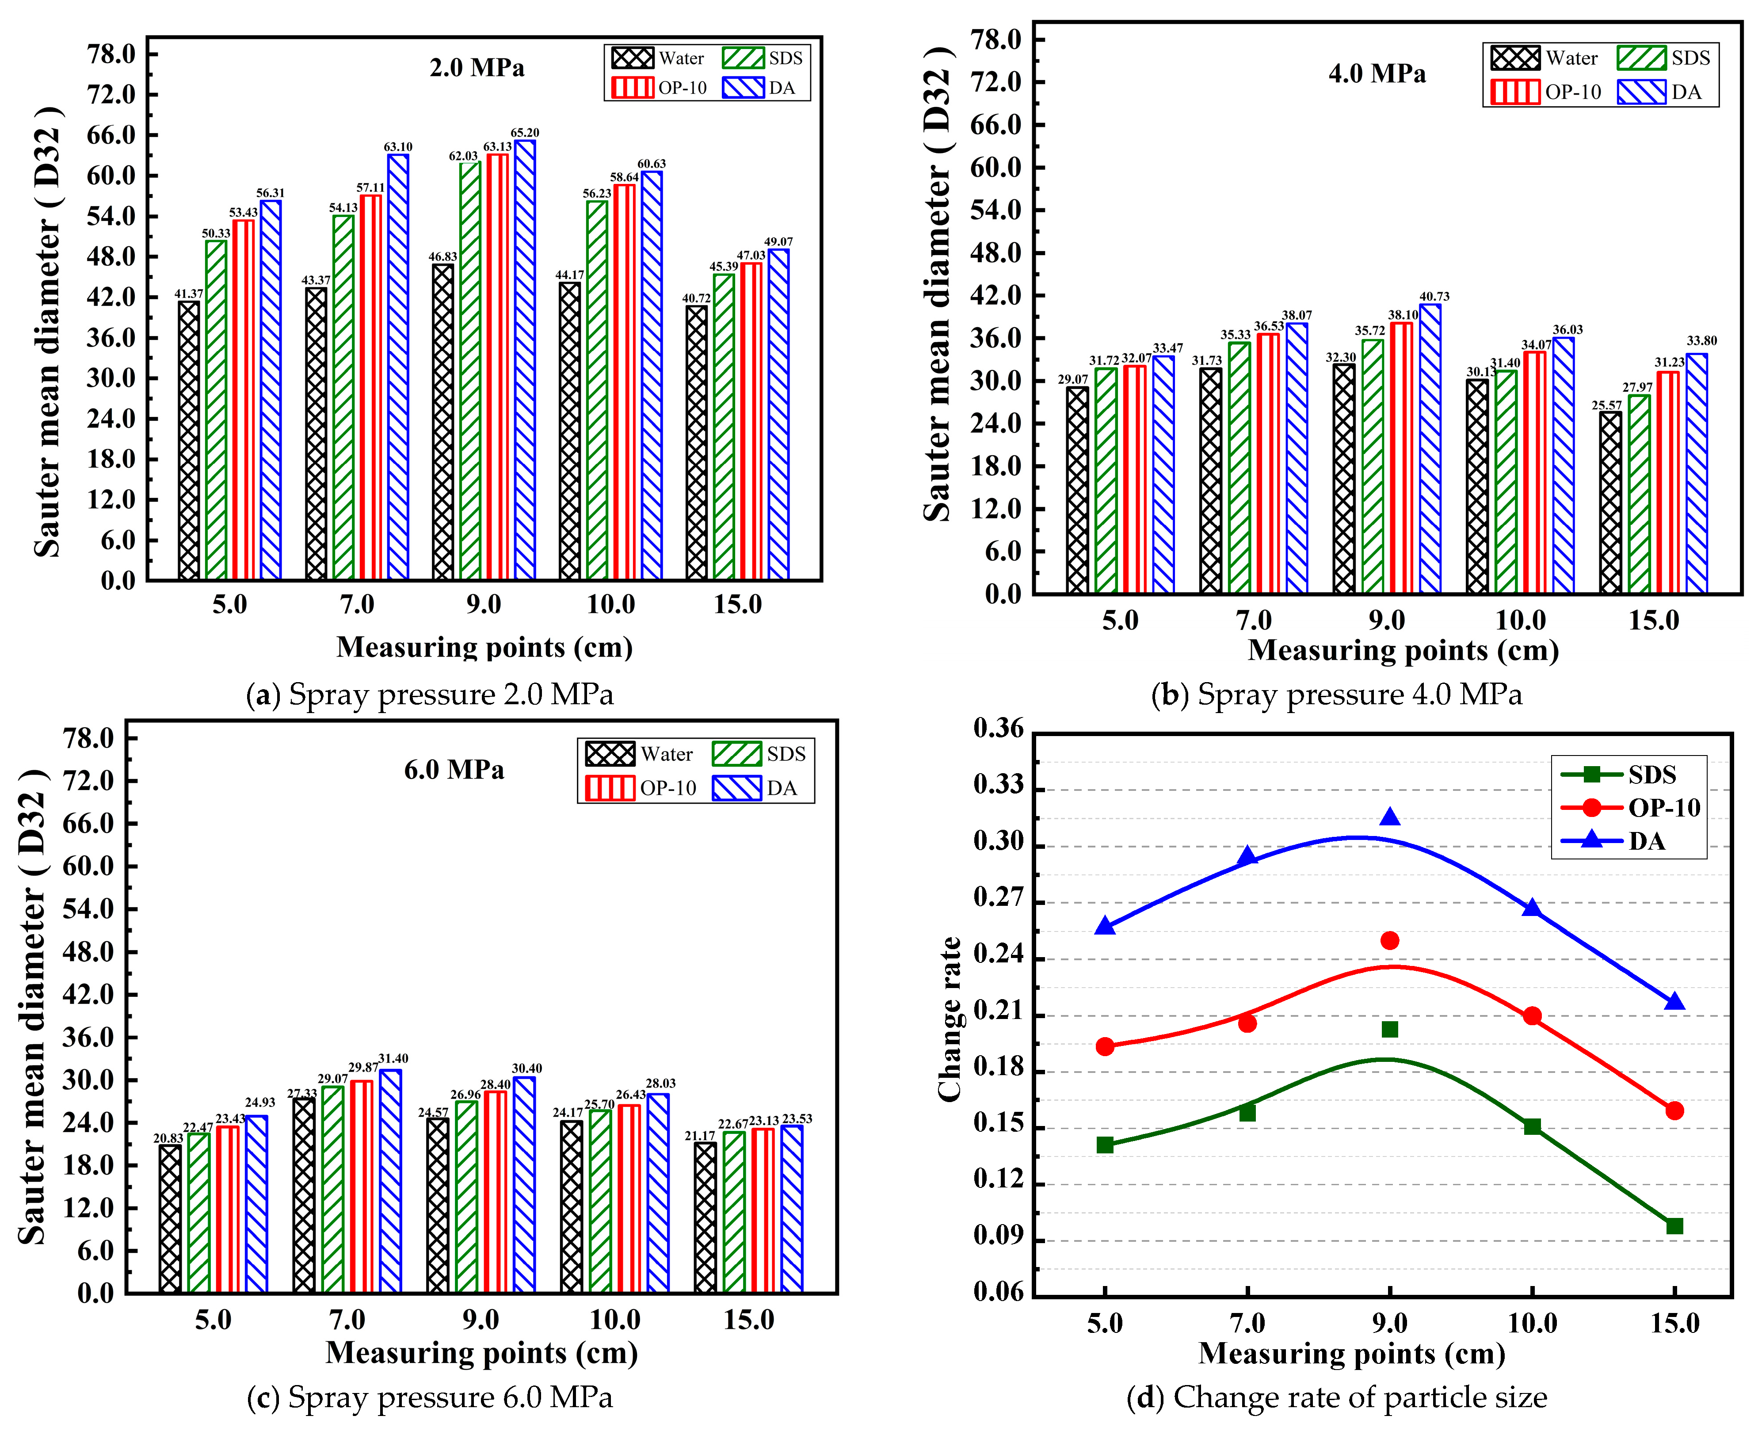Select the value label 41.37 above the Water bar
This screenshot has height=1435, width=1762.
(188, 294)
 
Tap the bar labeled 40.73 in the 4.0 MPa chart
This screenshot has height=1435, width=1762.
(1430, 449)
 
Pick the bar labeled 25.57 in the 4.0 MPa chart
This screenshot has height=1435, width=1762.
(1610, 503)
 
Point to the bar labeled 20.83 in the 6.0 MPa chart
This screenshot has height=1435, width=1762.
(170, 1219)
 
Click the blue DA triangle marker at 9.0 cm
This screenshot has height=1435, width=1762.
(1390, 817)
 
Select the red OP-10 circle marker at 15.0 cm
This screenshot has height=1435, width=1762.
(1674, 1111)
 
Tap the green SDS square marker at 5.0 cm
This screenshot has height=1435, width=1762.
(1105, 1145)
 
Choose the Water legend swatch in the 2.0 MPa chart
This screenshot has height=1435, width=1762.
(632, 58)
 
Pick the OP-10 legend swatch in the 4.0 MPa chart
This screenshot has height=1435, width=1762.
(1515, 92)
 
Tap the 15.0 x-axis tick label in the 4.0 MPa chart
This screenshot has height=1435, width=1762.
(1654, 620)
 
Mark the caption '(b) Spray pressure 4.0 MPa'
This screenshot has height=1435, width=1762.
(1336, 695)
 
